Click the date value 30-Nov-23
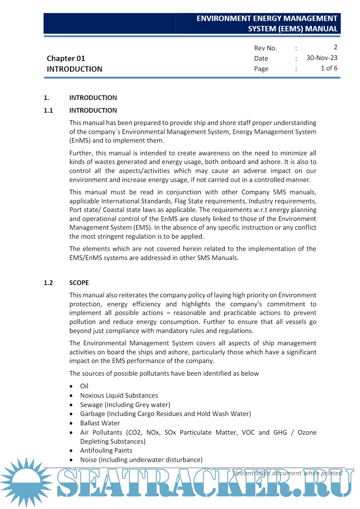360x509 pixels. coord(322,58)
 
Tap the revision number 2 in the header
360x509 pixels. coord(335,47)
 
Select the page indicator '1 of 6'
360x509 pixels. coord(329,68)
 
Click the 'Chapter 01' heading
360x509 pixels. coord(66,59)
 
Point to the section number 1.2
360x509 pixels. coord(48,283)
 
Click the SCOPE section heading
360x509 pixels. coord(79,283)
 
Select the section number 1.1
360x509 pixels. coord(48,111)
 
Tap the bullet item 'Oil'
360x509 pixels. coord(84,386)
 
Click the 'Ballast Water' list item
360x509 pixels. coord(100,423)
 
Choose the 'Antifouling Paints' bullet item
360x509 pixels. coord(106,451)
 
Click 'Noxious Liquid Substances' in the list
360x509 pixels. coord(119,396)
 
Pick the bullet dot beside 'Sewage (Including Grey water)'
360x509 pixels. coord(71,405)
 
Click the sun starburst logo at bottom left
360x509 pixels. coord(26,482)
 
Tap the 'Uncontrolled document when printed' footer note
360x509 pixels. coord(287,473)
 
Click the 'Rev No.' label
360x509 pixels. coord(265,48)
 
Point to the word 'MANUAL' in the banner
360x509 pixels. coord(321,29)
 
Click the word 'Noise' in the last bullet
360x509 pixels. coord(88,460)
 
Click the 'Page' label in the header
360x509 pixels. coord(261,69)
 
